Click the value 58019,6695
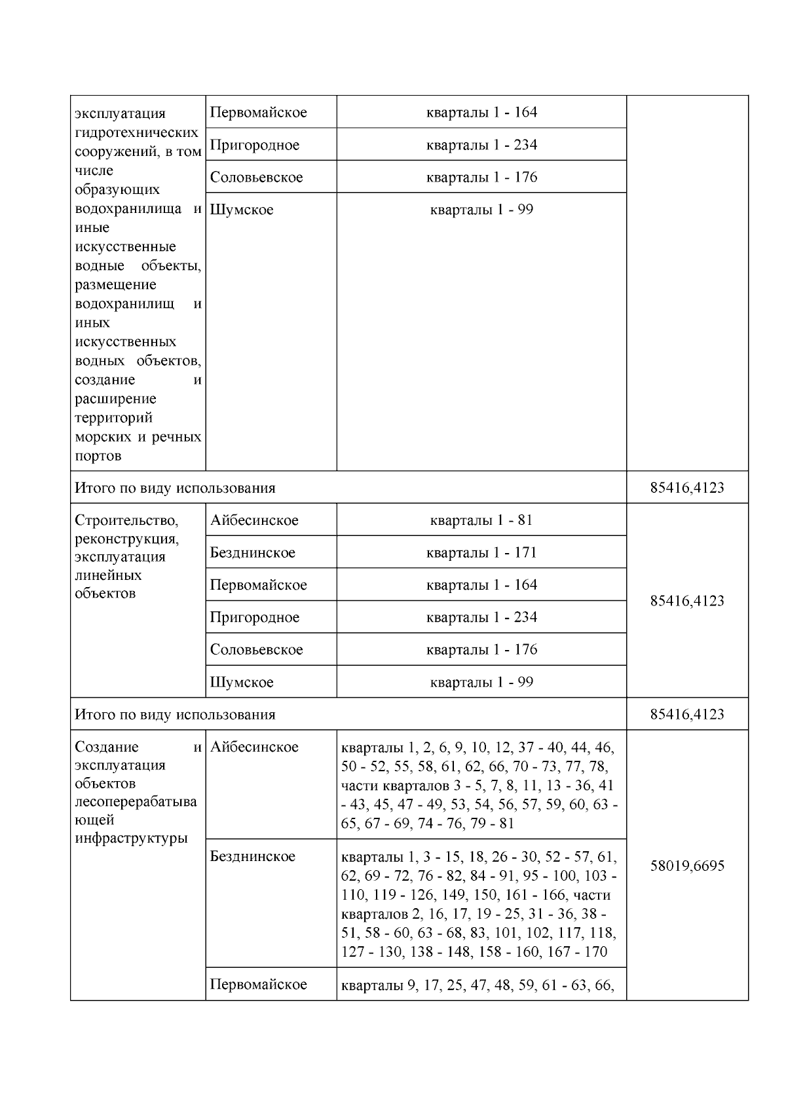point(686,866)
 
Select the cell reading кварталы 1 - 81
point(481,520)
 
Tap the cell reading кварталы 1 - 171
point(481,552)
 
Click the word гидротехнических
point(136,132)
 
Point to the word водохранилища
point(128,209)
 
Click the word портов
point(98,456)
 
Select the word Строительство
point(126,520)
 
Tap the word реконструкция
point(126,539)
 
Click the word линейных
point(108,575)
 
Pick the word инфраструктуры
point(131,838)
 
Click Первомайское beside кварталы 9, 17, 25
point(258,984)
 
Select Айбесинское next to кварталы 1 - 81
point(254,520)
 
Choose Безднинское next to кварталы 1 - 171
point(252,552)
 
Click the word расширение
point(115,399)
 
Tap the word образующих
point(117,190)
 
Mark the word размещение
point(115,285)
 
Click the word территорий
point(113,418)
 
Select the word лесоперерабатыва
point(136,801)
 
